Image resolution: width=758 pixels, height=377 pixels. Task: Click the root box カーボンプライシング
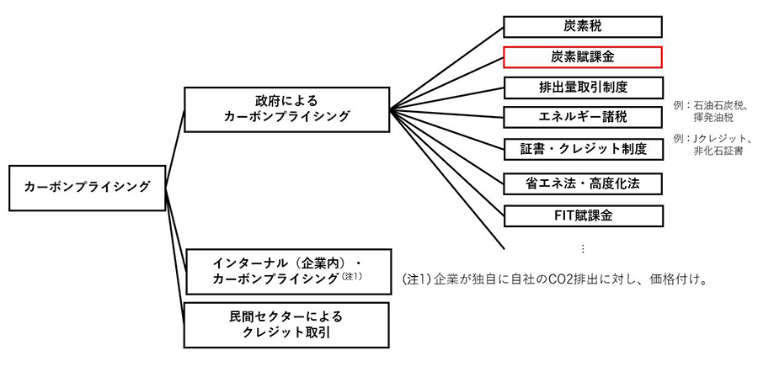coord(86,188)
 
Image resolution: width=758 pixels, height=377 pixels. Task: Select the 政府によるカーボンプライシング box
coord(286,109)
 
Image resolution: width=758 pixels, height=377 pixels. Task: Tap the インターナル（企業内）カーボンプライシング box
coord(286,270)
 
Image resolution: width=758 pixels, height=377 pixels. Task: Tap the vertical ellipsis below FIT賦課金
coord(583,248)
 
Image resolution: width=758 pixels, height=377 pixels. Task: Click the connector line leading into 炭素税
coord(446,66)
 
